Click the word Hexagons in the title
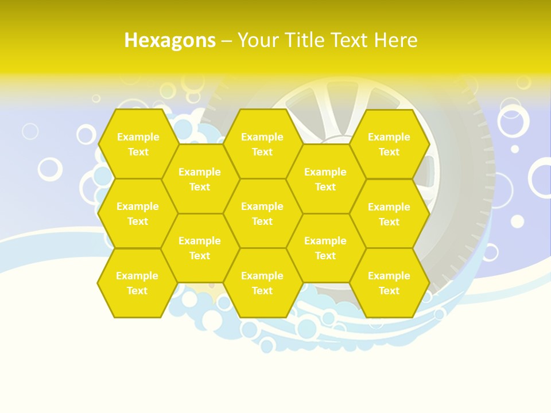click(x=170, y=41)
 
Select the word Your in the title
click(x=258, y=41)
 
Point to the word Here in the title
click(x=396, y=41)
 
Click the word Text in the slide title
click(x=348, y=41)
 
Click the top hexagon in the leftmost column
click(x=138, y=144)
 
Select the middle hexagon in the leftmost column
click(x=138, y=213)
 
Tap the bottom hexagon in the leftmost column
click(x=137, y=283)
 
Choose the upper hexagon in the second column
click(x=200, y=179)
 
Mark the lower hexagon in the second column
click(x=200, y=248)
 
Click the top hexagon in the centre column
click(x=262, y=144)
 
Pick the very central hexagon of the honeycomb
click(x=262, y=213)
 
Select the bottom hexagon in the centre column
click(x=262, y=283)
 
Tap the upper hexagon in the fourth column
click(x=325, y=179)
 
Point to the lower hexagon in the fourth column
click(x=325, y=248)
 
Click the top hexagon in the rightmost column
click(x=389, y=144)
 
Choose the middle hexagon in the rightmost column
click(x=389, y=214)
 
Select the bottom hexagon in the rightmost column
click(x=389, y=283)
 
